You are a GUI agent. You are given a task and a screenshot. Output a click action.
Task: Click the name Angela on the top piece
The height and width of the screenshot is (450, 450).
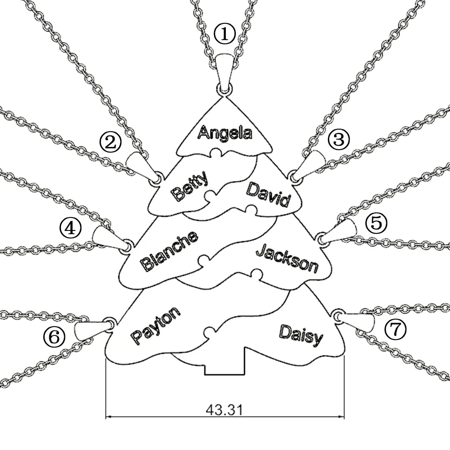(x=225, y=133)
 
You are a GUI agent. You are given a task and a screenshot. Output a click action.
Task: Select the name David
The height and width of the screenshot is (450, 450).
(x=268, y=194)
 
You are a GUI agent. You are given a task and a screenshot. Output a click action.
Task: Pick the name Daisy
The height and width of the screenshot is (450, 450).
(x=301, y=335)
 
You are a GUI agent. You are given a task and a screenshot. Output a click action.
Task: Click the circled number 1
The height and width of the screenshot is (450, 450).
(x=225, y=34)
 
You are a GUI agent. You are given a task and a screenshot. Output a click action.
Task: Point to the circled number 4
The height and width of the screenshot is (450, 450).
(x=70, y=228)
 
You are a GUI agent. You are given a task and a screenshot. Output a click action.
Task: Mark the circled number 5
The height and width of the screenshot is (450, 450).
(x=376, y=223)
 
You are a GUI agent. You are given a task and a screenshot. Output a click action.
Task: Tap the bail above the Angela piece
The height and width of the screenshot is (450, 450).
(x=225, y=69)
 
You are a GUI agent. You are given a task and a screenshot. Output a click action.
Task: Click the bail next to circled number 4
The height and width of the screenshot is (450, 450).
(x=106, y=237)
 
